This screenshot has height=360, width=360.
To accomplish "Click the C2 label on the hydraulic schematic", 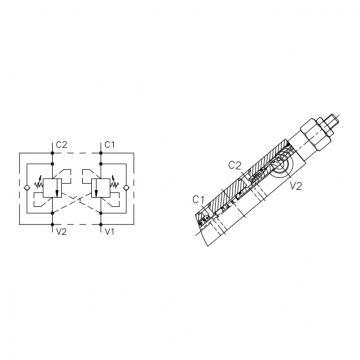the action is pos(61,145).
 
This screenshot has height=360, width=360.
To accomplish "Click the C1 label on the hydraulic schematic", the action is pos(110,145).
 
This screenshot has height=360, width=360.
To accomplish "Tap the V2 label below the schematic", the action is pos(61,232).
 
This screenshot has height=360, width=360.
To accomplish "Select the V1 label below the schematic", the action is pos(110,232).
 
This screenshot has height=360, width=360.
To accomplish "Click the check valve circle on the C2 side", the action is pos(27,188).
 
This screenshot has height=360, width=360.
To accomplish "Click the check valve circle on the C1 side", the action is pos(126,188).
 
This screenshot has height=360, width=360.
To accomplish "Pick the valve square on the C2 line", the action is pos(52,188).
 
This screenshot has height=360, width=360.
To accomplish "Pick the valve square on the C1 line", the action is pos(100,188).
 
